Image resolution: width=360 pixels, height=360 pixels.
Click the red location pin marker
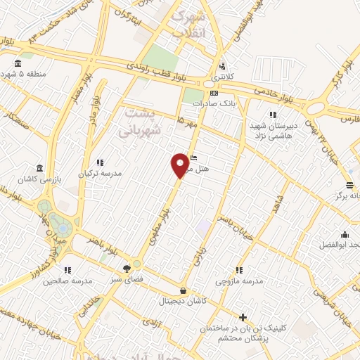point(180,165)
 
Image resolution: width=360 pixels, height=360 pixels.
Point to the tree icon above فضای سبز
point(127,268)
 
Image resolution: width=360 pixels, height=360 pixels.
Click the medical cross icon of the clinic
point(243,318)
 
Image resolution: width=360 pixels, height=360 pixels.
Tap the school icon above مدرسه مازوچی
point(239,270)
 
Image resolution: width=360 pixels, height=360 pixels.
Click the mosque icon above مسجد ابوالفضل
point(345,235)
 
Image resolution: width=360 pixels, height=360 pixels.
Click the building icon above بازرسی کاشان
point(39,169)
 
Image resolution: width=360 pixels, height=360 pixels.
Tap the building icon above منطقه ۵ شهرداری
point(18,64)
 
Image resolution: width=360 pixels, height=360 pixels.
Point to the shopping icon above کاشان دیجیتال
point(183,290)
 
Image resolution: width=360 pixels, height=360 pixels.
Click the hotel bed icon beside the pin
point(195,157)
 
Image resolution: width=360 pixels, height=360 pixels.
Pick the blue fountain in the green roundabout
point(63,228)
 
